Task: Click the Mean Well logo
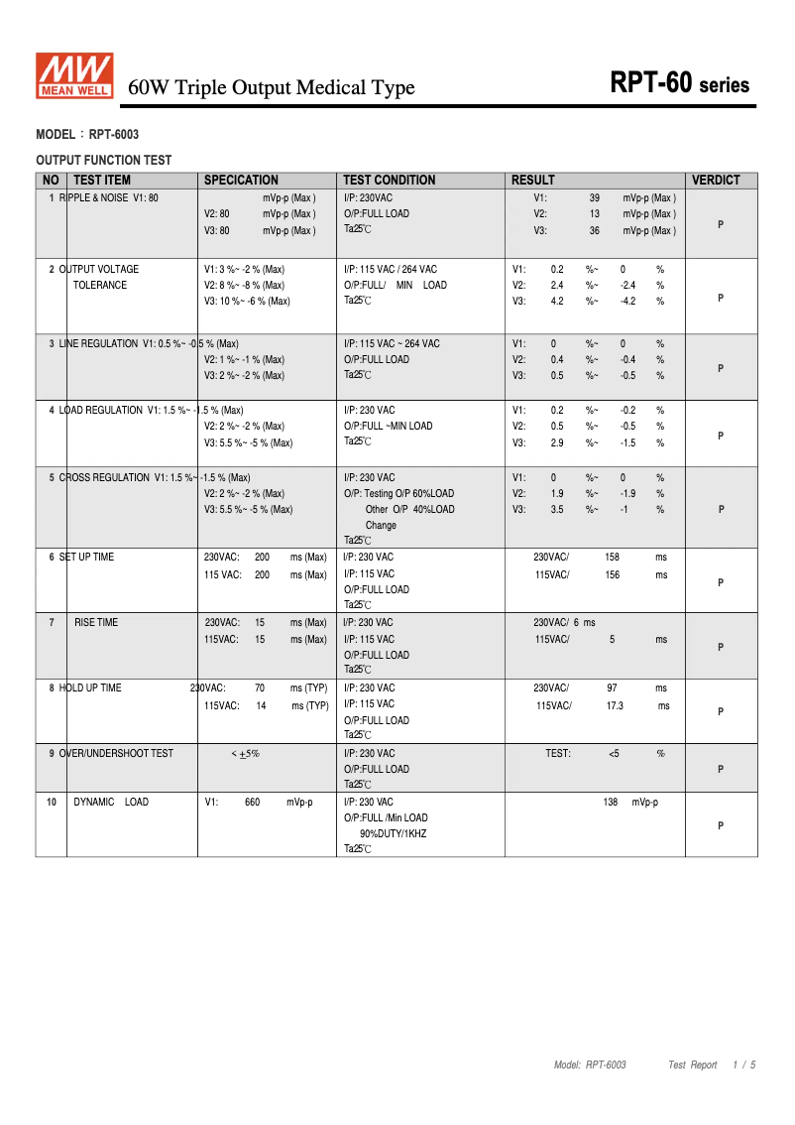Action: point(75,76)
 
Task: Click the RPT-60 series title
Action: point(680,84)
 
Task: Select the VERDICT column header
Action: point(716,181)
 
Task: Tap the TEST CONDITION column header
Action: point(390,181)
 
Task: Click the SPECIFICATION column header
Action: point(241,181)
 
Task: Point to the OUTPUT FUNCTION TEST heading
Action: point(103,160)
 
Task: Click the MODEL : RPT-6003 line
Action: point(87,134)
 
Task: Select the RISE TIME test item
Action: point(95,623)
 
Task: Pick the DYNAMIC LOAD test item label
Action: point(111,802)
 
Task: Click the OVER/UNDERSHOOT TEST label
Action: point(115,754)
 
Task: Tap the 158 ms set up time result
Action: point(613,558)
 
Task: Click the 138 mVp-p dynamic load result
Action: point(629,802)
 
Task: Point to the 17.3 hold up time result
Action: point(615,705)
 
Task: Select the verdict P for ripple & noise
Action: point(721,224)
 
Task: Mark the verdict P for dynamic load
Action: point(721,825)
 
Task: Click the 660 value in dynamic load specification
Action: point(252,802)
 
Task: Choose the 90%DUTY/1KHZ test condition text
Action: point(393,834)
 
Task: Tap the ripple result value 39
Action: point(595,198)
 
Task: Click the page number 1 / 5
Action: point(744,1065)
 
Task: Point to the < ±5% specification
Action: point(245,754)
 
